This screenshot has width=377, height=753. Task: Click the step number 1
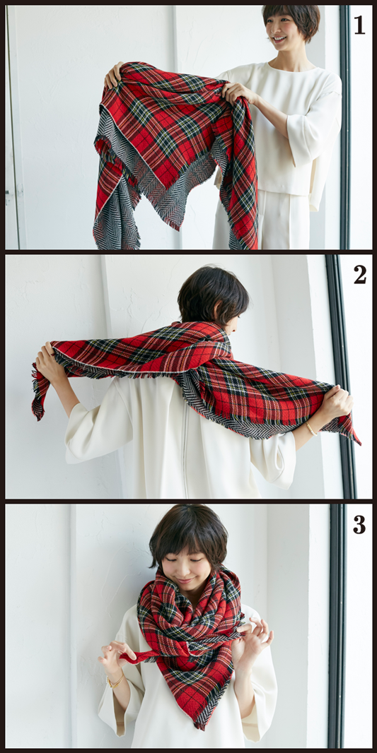(x=359, y=25)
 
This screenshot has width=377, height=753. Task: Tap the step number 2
(x=360, y=274)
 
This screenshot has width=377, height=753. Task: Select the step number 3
(x=359, y=524)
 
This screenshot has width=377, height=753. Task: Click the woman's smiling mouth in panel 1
(x=279, y=39)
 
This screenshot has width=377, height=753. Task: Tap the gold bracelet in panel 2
(x=311, y=428)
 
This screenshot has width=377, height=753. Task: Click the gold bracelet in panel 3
(x=116, y=680)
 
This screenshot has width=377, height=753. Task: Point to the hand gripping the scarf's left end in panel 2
(x=48, y=360)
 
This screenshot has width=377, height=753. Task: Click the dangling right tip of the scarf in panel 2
(x=354, y=434)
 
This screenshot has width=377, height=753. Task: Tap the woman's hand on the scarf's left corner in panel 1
(x=114, y=75)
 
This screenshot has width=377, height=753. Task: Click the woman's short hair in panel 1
(x=291, y=17)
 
